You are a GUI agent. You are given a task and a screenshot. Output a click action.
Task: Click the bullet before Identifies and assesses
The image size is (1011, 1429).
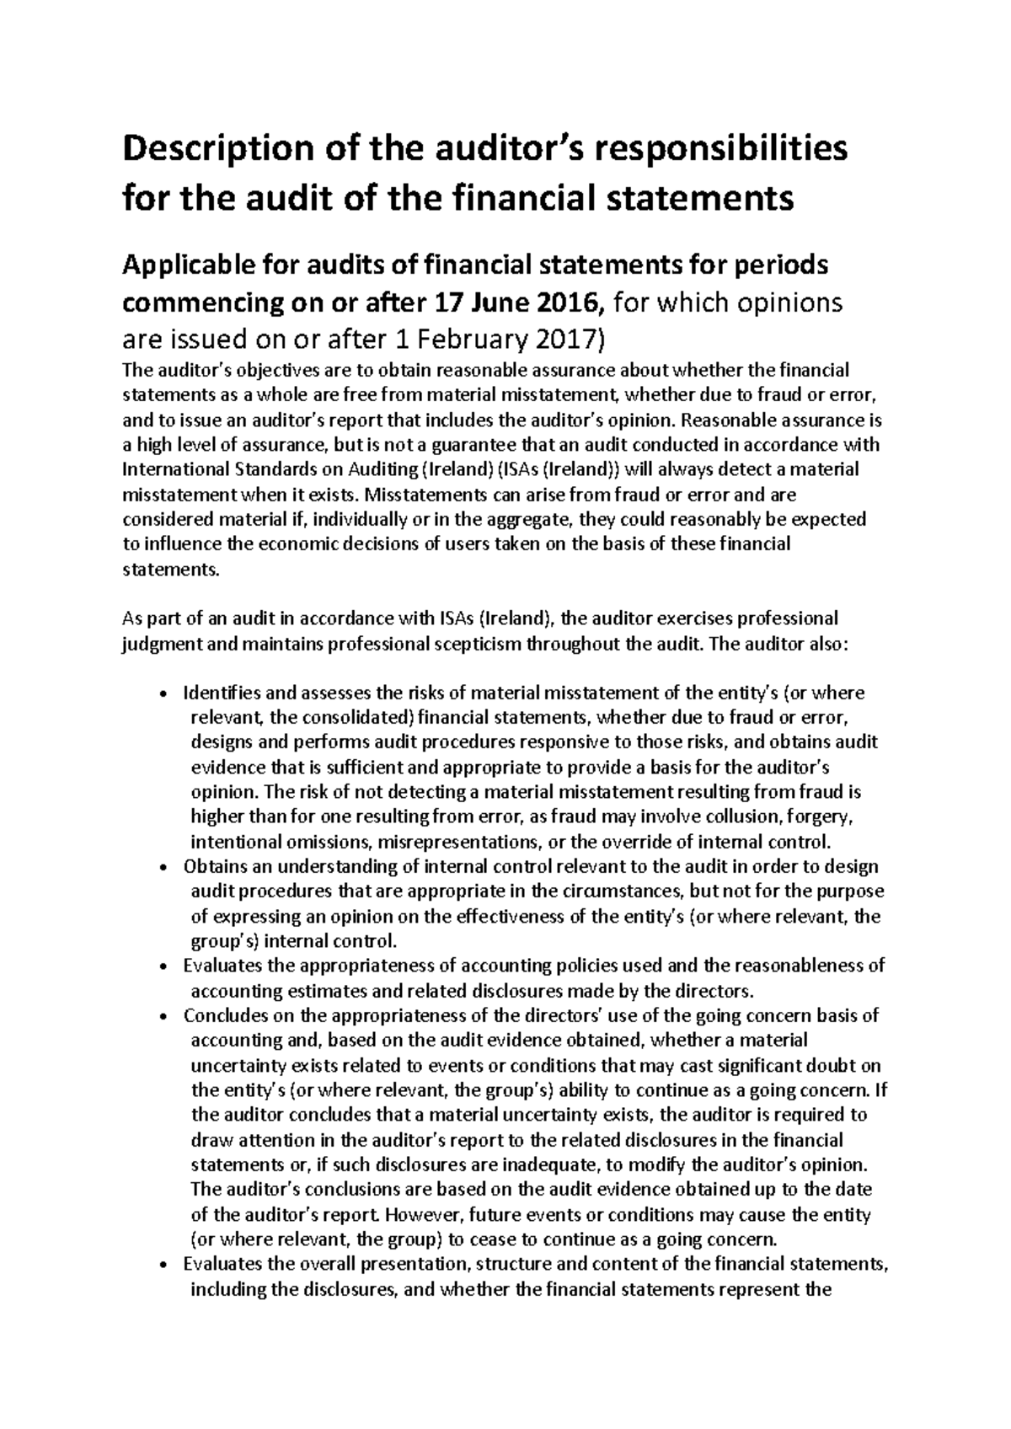coord(163,694)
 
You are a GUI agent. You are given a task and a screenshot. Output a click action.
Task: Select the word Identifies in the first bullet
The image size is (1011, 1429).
coord(222,693)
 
